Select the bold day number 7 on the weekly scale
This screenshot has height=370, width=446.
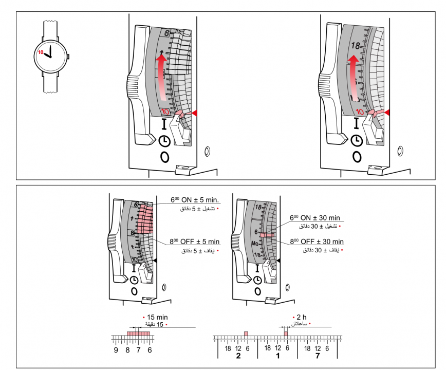(x=317, y=356)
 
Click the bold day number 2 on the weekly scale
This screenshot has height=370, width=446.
(x=238, y=356)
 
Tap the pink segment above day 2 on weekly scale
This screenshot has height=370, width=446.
(x=246, y=334)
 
